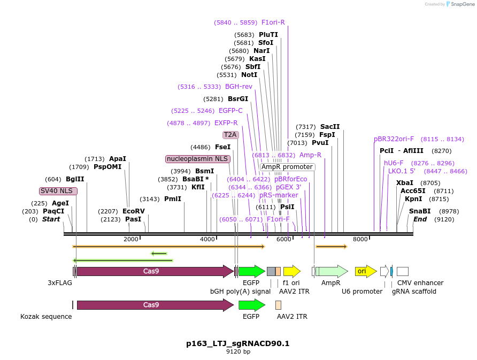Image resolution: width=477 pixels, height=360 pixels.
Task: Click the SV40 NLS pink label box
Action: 58,191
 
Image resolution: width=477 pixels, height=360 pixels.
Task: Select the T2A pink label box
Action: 230,135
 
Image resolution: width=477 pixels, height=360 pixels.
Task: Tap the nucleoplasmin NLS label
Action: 197,159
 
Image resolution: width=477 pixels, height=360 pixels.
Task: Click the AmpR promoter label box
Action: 287,167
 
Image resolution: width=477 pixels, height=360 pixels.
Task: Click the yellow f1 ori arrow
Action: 291,271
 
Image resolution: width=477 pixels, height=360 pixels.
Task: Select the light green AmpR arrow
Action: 331,271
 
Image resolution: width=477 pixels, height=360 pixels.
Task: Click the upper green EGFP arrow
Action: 251,271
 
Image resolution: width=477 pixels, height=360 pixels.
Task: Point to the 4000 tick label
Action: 207,239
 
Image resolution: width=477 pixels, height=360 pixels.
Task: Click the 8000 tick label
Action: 360,239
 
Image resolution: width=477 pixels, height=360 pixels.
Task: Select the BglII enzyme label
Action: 75,179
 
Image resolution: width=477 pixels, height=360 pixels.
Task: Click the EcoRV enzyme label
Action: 133,211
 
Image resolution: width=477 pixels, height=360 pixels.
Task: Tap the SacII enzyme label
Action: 330,127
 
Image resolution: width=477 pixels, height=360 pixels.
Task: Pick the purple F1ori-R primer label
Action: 273,22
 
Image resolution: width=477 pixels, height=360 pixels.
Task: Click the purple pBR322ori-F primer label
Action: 394,139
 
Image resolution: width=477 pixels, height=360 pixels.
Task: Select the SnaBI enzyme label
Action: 420,211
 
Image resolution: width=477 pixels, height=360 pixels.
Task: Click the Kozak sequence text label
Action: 46,317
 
